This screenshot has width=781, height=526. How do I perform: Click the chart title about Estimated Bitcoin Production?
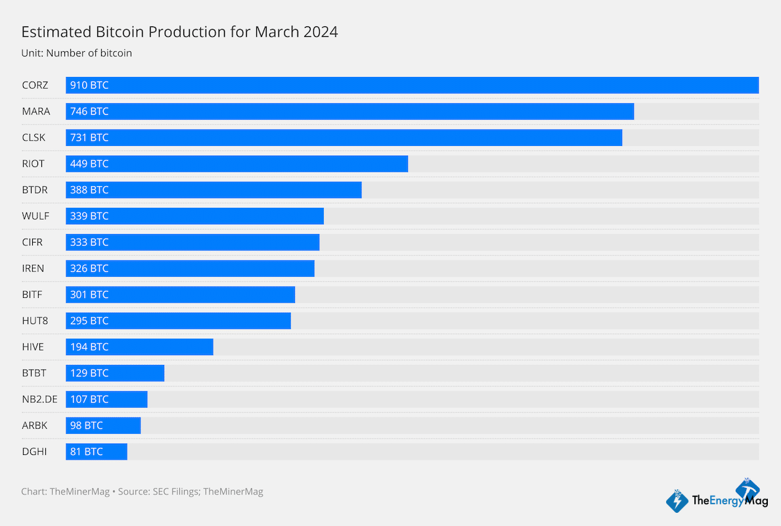click(179, 32)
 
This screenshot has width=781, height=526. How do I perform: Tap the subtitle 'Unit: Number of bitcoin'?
click(77, 53)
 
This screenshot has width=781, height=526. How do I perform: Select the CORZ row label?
click(35, 85)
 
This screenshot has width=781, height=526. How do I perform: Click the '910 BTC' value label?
click(89, 85)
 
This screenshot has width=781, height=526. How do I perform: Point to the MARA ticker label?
click(36, 112)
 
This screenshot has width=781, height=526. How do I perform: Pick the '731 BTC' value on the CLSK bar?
click(89, 138)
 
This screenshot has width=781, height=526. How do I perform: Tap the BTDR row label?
click(35, 190)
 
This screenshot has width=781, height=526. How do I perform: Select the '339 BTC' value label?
click(89, 216)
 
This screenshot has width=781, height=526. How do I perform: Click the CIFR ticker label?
click(32, 243)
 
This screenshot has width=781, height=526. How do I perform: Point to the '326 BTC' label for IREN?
click(89, 268)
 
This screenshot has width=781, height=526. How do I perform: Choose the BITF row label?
click(33, 295)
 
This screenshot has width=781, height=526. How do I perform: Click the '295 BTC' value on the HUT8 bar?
click(89, 321)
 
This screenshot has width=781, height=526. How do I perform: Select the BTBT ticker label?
click(34, 373)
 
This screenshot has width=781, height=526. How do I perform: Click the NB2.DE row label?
click(39, 399)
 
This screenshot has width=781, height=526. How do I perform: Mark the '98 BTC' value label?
click(87, 425)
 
